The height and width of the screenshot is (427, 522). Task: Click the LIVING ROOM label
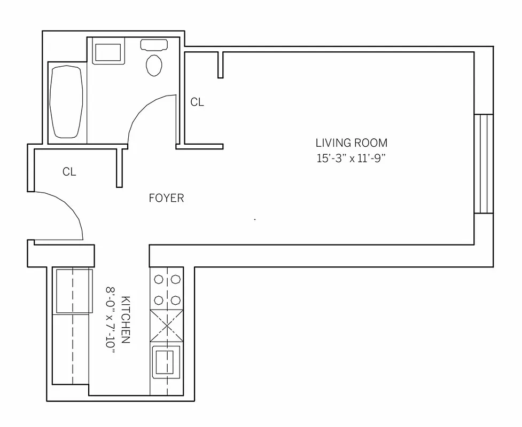pyautogui.click(x=351, y=143)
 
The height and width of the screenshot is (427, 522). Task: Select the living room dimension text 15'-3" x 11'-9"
pyautogui.click(x=351, y=158)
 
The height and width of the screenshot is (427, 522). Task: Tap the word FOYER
pyautogui.click(x=166, y=199)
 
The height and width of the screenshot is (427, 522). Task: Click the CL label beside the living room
pyautogui.click(x=197, y=102)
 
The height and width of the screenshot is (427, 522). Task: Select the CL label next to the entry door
pyautogui.click(x=69, y=172)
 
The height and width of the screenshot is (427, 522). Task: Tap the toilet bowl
pyautogui.click(x=154, y=66)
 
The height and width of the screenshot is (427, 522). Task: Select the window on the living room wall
pyautogui.click(x=484, y=164)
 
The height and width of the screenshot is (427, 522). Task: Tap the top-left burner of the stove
pyautogui.click(x=159, y=279)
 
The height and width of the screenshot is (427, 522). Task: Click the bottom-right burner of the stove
pyautogui.click(x=176, y=299)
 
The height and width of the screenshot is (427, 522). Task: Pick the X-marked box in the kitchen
pyautogui.click(x=167, y=326)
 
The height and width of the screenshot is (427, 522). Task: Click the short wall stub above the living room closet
pyautogui.click(x=220, y=65)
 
